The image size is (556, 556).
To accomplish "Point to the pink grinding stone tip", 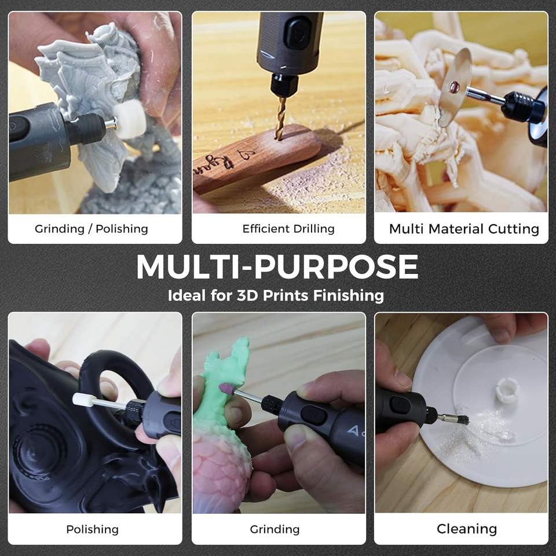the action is tap(228, 389).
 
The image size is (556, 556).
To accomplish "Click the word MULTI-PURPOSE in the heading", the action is tap(277, 266).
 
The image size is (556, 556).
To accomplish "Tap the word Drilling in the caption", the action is tap(314, 229).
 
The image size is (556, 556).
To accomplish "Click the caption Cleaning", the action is tap(467, 529).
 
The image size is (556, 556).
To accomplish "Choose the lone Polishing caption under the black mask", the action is tap(92, 529).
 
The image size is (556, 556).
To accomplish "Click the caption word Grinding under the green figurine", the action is tap(275, 529).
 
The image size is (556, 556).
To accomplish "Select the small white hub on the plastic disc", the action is tap(507, 389).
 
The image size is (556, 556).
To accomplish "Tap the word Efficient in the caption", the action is tap(266, 229).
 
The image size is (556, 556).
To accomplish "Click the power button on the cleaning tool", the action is tap(399, 405).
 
